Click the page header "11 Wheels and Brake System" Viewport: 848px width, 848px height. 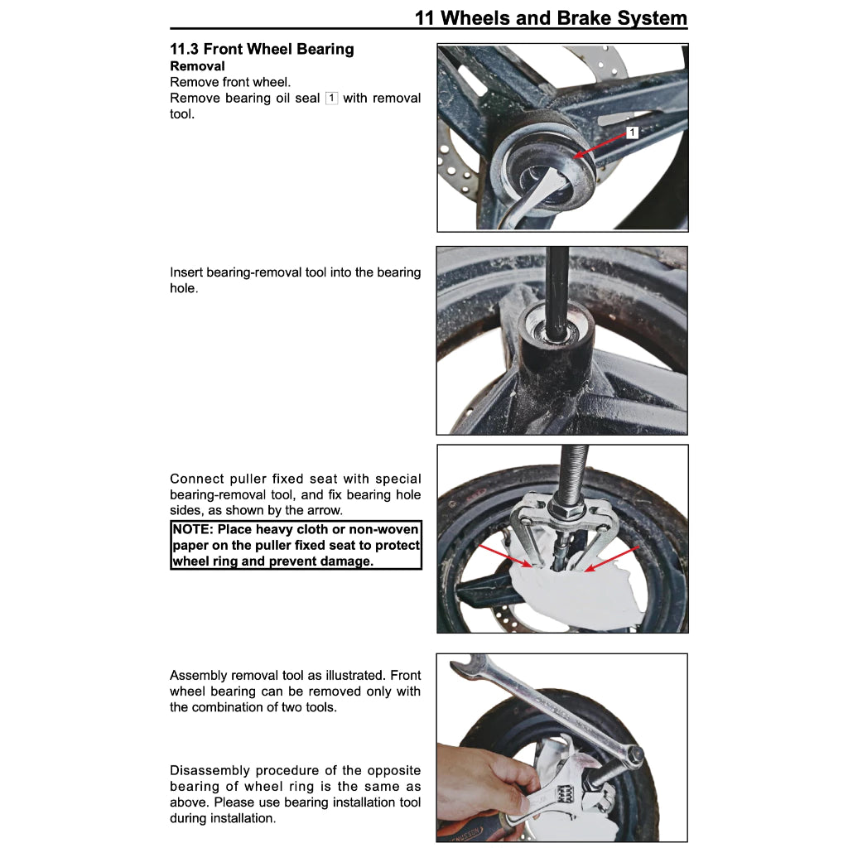[550, 17]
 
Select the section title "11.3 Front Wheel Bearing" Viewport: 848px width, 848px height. [262, 49]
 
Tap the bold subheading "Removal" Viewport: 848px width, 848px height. [197, 65]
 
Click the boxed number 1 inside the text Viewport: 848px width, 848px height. [331, 98]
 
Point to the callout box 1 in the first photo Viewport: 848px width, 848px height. [633, 132]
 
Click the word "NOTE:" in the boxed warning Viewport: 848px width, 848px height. [193, 529]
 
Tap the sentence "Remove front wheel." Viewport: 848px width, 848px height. [230, 82]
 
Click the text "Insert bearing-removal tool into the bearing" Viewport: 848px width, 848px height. [295, 272]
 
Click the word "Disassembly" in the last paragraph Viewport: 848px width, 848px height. [209, 770]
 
